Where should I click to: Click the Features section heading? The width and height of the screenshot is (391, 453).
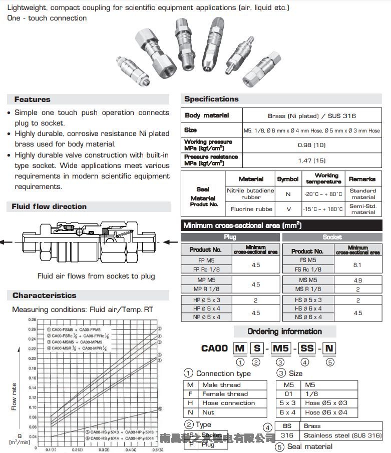click(32, 99)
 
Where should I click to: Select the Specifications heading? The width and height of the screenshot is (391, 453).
click(211, 99)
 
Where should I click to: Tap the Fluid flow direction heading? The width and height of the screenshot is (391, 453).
click(49, 206)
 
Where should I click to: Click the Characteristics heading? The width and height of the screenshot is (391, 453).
click(44, 295)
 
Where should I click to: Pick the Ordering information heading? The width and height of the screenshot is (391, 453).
click(284, 331)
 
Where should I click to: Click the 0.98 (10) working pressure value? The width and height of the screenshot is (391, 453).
click(311, 145)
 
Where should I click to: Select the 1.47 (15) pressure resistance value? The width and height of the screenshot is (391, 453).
click(311, 160)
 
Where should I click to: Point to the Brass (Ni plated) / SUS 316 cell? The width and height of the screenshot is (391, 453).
click(311, 116)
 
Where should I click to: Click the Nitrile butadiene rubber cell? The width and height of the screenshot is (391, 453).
click(250, 194)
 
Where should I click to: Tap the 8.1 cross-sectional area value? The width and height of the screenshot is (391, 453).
click(357, 265)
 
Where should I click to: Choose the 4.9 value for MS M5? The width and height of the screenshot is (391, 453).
click(357, 280)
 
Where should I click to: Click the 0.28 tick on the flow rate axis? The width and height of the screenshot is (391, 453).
click(32, 319)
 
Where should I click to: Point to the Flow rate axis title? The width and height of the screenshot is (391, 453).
click(14, 396)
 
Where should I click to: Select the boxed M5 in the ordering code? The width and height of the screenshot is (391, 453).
click(279, 348)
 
